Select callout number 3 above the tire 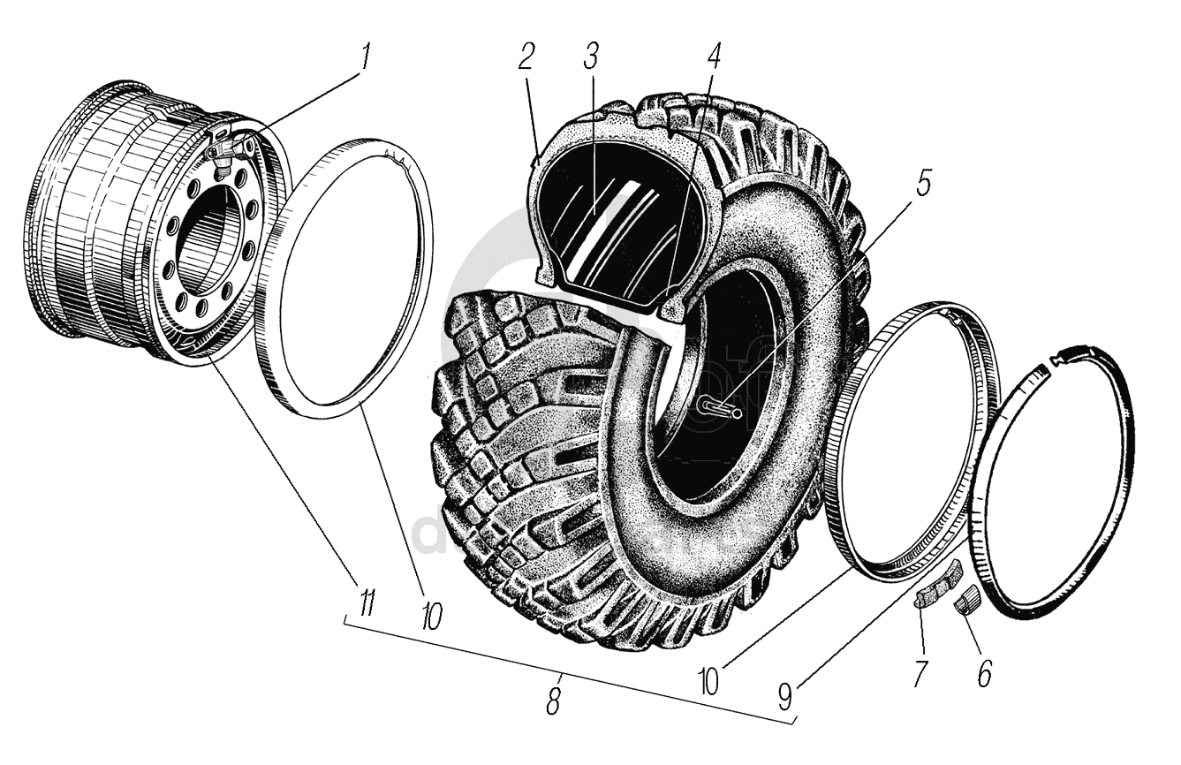pos(591,57)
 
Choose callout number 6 pos(983,674)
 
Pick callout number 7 pos(920,673)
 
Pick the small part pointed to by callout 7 pos(934,589)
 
